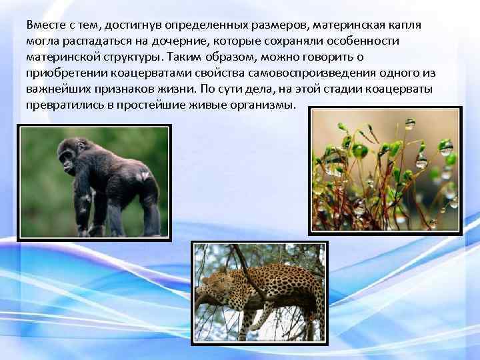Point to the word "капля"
[x=406, y=25]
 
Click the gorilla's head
[x=69, y=152]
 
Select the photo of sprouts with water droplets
[x=385, y=171]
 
